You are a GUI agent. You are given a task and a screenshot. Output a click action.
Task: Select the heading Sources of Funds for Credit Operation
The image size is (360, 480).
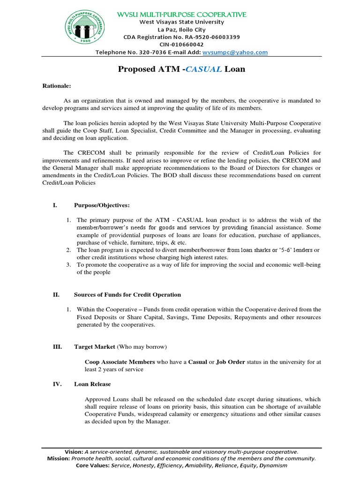click(127, 295)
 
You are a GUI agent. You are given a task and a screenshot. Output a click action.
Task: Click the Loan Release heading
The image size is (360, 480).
click(92, 384)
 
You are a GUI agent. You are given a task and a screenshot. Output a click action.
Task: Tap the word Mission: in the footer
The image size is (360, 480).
click(59, 458)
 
